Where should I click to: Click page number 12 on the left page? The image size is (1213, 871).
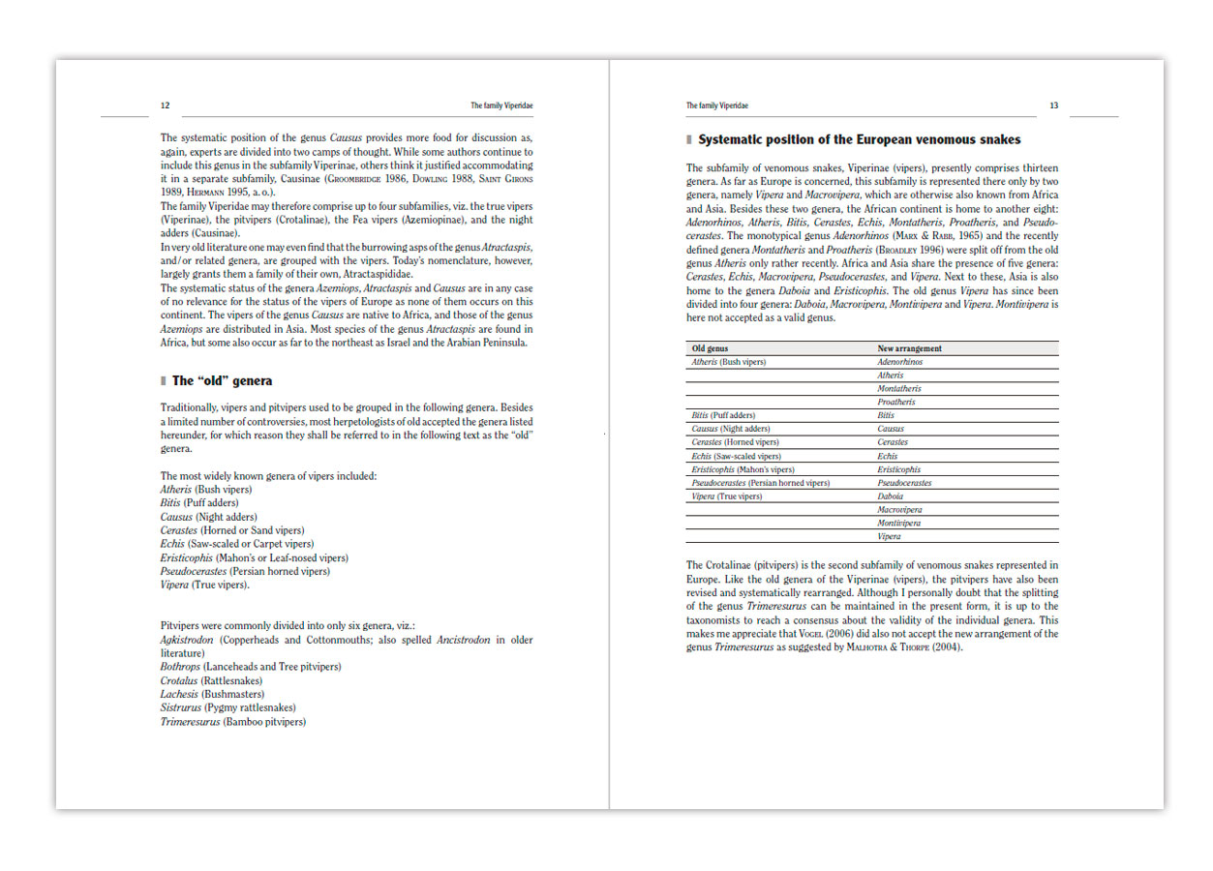pos(166,105)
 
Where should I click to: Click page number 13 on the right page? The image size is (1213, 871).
pos(1054,105)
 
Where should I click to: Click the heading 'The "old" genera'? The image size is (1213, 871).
pos(222,381)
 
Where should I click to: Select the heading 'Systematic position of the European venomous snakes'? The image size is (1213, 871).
pos(859,139)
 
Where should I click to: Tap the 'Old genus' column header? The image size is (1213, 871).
pos(711,348)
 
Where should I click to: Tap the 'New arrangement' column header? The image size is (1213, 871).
pos(909,348)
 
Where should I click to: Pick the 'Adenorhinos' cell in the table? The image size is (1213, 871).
pos(900,362)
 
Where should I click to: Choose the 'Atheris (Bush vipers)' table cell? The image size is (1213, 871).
pos(728,362)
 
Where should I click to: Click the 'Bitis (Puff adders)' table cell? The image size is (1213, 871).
pos(723,415)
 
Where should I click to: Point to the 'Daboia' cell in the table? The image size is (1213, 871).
pos(891,496)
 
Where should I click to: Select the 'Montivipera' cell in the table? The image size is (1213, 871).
pos(899,523)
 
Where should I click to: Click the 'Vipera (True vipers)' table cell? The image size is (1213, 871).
pos(726,496)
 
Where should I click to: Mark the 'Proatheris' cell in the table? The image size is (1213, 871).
pos(896,402)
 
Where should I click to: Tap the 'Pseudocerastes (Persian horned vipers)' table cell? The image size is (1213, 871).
pos(760,483)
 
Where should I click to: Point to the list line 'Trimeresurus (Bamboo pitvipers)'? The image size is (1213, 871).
pos(232,721)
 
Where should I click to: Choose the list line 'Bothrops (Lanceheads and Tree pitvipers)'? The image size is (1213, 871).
pos(251,667)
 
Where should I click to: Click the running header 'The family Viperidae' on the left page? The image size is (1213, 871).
pos(501,105)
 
